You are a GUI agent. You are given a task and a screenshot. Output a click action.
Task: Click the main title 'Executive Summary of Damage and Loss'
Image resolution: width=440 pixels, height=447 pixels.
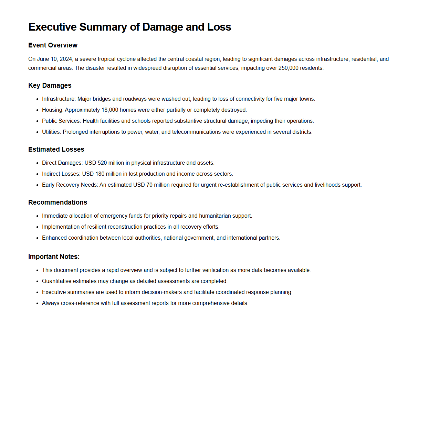(129, 27)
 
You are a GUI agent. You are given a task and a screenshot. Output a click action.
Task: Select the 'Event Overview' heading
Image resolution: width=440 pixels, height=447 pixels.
(53, 45)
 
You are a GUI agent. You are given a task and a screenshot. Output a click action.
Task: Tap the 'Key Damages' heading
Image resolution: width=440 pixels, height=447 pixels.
(50, 85)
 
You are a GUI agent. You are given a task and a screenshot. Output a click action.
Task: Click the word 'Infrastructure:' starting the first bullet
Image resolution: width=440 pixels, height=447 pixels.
(59, 99)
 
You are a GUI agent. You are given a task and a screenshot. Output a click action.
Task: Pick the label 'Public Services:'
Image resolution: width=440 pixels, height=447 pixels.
(62, 121)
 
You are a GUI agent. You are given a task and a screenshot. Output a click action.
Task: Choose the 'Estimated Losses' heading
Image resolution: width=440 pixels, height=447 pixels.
(56, 149)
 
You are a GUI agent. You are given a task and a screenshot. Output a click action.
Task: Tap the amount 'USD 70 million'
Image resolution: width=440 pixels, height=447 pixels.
(150, 185)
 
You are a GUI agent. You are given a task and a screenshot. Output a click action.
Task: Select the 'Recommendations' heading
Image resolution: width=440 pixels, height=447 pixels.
(57, 202)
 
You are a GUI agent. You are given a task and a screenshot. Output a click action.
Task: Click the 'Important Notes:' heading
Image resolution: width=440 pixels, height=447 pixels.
(54, 257)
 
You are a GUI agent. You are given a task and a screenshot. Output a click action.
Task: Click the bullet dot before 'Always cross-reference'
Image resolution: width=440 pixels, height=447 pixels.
(37, 303)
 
